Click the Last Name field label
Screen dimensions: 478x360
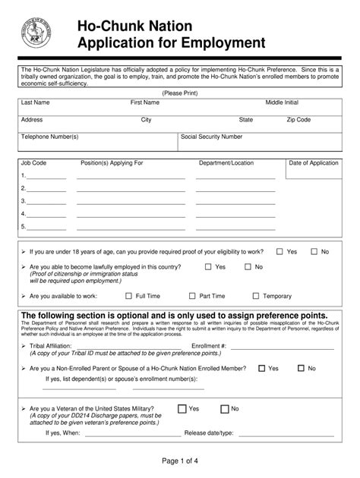point(36,102)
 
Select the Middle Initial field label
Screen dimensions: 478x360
point(282,102)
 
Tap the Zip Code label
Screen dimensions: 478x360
point(298,120)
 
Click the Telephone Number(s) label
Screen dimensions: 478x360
point(50,137)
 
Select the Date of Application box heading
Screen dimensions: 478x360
point(314,163)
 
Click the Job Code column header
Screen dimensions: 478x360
point(34,163)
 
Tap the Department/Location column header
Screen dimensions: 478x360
point(226,163)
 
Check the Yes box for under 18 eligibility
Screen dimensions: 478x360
point(279,251)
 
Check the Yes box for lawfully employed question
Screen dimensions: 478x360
point(208,267)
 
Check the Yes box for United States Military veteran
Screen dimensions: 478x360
point(182,408)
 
